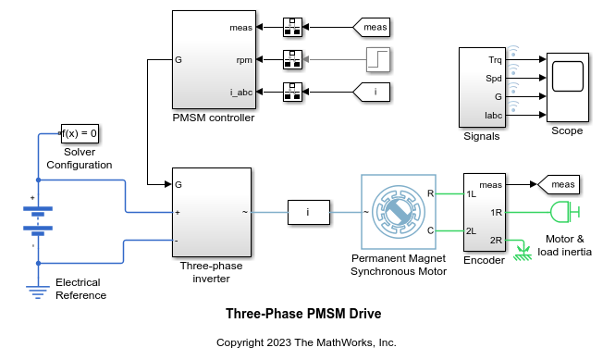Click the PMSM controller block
[x=213, y=60]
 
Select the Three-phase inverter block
[x=212, y=212]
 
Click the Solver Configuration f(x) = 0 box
[x=80, y=134]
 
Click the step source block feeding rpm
[x=378, y=60]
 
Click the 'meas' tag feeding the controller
[x=374, y=28]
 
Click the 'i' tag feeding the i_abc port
[x=374, y=92]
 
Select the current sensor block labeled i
[x=308, y=212]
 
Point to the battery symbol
[x=38, y=220]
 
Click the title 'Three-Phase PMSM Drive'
[x=303, y=314]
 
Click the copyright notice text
[x=305, y=342]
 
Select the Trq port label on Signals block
[x=495, y=60]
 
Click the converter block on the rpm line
[x=292, y=60]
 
